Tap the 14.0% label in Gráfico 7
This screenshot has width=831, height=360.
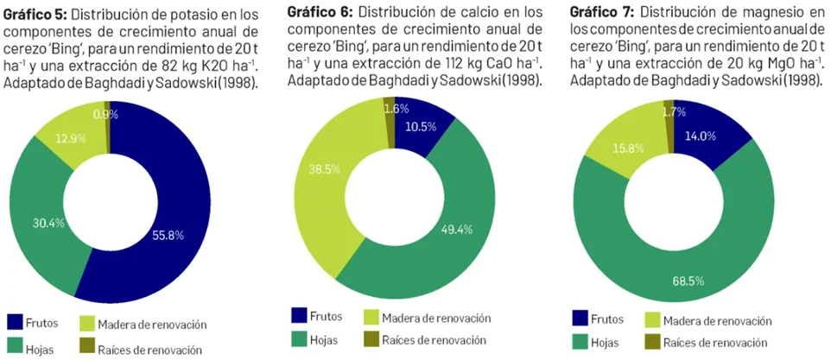coord(700,136)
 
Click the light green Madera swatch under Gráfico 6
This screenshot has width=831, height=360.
coord(371,317)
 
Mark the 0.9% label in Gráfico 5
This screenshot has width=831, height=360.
coord(105,114)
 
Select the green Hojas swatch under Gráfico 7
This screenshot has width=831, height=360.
coord(580,343)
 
